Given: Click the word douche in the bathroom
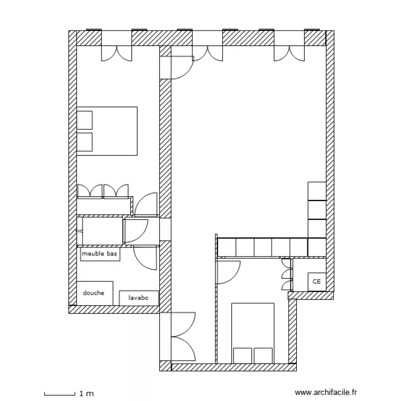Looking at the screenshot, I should coord(94,293).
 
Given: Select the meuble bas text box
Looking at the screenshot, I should coord(99,255).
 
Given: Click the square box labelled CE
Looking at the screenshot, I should coord(316,281).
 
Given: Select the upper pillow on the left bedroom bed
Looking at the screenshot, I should coord(85,120).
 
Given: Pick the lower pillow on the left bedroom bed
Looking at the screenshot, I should coord(85,142).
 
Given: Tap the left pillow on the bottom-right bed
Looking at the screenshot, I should coord(242,355).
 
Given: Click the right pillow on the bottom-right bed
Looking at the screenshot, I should coord(263,355).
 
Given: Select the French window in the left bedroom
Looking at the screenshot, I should coord(117,52).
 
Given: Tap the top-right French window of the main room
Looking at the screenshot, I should coord(289,52).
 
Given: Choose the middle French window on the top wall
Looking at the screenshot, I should coord(207,52).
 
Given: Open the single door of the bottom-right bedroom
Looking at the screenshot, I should coord(229,271).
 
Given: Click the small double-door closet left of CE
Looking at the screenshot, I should coord(287,275).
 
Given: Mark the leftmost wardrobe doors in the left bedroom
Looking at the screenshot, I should coord(90,191).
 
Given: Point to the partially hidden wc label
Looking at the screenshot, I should coord(80,231).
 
